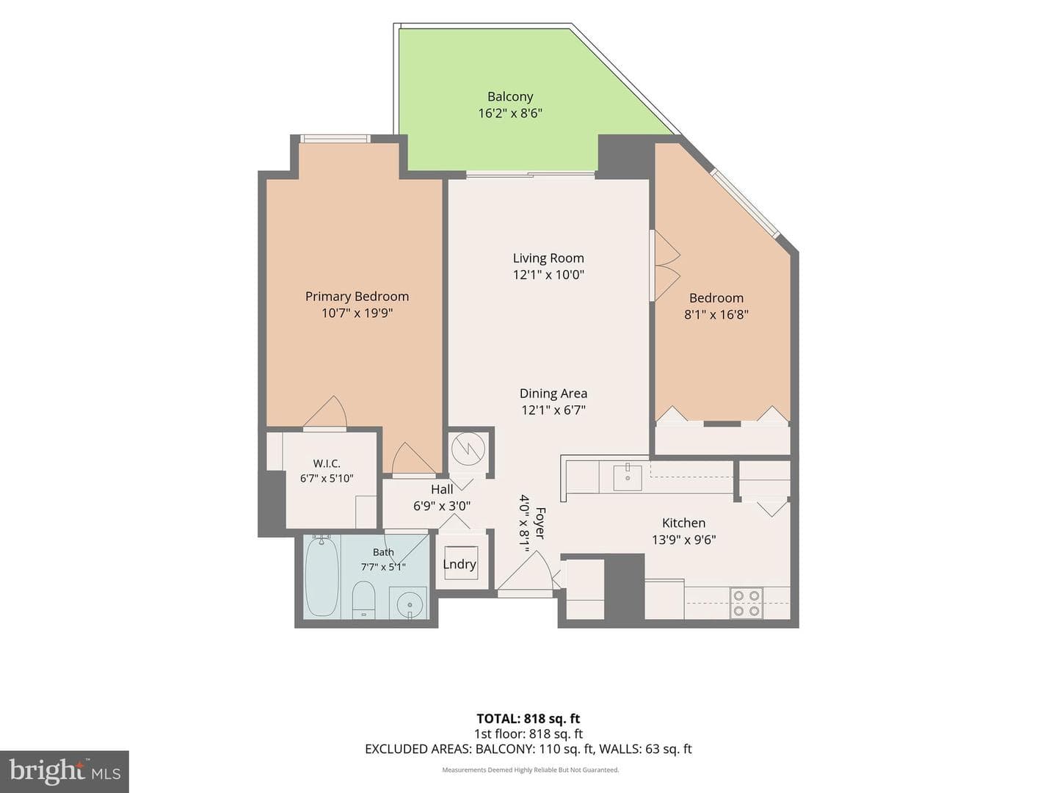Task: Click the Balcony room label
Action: (x=510, y=97)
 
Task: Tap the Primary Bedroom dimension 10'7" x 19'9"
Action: (x=357, y=314)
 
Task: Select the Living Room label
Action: (x=548, y=258)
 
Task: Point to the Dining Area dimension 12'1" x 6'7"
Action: (x=553, y=410)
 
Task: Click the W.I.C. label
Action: (x=327, y=463)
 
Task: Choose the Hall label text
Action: (x=442, y=489)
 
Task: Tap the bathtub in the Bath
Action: (x=322, y=577)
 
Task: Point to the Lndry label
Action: (x=460, y=565)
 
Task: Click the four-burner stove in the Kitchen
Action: (x=746, y=604)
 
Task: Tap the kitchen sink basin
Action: (x=628, y=477)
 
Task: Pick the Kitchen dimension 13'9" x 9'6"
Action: (x=684, y=540)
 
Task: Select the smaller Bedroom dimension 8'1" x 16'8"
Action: (x=716, y=315)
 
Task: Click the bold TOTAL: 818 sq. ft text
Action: (x=528, y=719)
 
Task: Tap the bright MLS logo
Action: (x=65, y=771)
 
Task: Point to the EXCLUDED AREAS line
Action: (x=528, y=749)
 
